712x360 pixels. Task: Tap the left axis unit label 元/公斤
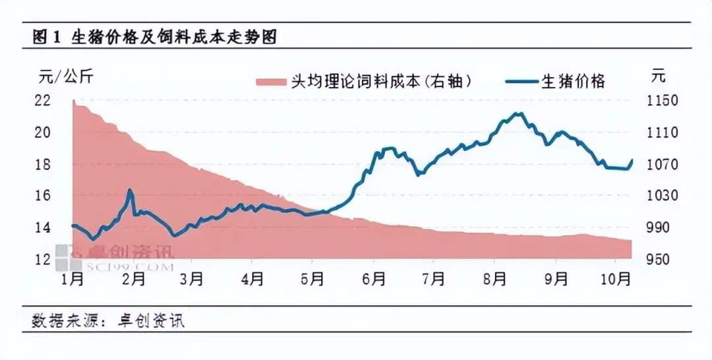coord(67,76)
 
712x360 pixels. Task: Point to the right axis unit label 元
coord(658,76)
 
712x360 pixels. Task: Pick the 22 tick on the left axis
coord(42,101)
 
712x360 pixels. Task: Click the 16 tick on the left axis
coord(42,196)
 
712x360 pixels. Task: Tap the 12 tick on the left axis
coord(42,259)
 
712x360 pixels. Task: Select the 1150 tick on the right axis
coord(662,101)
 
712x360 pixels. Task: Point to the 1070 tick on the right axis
coord(662,164)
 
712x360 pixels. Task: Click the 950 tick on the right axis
coord(662,259)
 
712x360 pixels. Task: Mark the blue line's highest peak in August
coord(519,113)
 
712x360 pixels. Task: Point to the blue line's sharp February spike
coord(130,191)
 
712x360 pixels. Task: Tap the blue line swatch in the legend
coord(522,82)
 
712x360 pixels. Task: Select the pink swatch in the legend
coord(270,82)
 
